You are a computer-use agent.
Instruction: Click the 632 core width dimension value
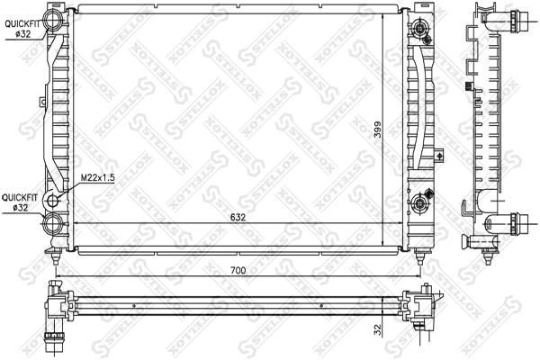[238, 218]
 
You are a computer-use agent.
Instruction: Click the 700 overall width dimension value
[238, 270]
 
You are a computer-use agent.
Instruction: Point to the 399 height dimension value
[378, 130]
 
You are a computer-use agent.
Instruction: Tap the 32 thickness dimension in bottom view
[378, 329]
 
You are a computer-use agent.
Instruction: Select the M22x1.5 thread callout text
[97, 178]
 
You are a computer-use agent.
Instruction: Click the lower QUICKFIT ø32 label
[19, 202]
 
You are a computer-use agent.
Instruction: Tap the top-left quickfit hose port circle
[52, 20]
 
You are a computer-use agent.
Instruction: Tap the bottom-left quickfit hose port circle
[52, 223]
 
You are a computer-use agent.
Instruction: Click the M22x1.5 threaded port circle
[52, 201]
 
